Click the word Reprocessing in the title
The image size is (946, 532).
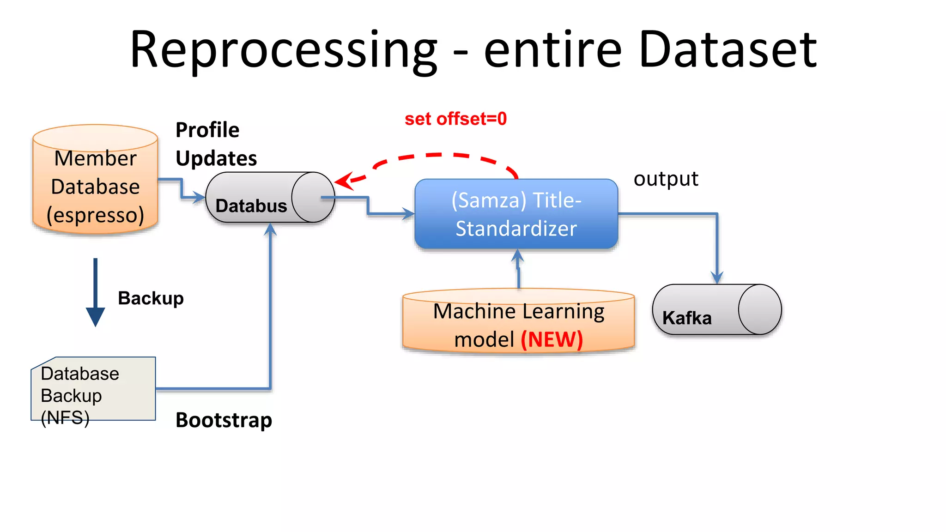[x=283, y=50]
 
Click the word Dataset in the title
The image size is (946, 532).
[x=728, y=50]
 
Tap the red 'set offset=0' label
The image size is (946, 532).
[x=455, y=119]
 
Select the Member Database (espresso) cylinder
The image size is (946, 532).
[x=95, y=185]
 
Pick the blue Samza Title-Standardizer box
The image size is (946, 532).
[x=516, y=214]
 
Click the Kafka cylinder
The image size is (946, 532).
[x=716, y=309]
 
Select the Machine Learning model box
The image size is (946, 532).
[x=518, y=323]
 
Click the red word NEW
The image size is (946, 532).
[x=552, y=340]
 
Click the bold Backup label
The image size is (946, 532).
[x=151, y=298]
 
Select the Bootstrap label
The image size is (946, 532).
[x=224, y=420]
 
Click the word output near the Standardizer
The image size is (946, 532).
[x=666, y=179]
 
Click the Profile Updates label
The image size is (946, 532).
[x=216, y=144]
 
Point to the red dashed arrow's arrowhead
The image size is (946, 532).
[x=343, y=181]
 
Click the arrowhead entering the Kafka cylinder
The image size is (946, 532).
[x=716, y=278]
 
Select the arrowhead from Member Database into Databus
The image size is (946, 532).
[x=200, y=198]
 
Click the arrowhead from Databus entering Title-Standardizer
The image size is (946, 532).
[x=409, y=214]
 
